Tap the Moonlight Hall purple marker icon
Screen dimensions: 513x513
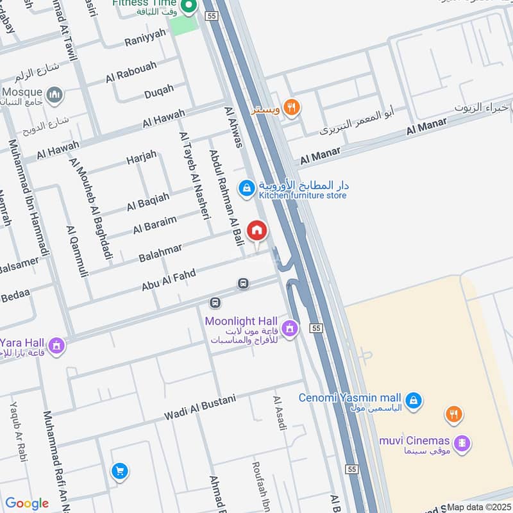tap(290, 328)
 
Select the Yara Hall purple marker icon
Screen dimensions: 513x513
tap(56, 346)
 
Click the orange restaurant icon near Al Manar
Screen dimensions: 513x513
tap(291, 107)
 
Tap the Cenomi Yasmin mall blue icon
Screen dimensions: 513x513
tap(414, 400)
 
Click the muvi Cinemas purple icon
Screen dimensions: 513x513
tap(461, 442)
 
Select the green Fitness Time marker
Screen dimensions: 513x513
tap(189, 8)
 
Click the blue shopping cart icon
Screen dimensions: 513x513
tap(119, 471)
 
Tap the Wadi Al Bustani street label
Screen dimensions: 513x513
tap(199, 407)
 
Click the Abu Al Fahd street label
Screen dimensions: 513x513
tap(169, 280)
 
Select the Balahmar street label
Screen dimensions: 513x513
tap(160, 252)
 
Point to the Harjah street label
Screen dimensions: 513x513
tap(142, 157)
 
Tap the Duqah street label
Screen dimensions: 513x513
tap(159, 91)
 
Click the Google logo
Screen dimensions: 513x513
tap(27, 503)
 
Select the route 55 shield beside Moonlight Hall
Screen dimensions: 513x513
tap(315, 328)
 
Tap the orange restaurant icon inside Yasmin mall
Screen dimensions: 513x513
tap(454, 414)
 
